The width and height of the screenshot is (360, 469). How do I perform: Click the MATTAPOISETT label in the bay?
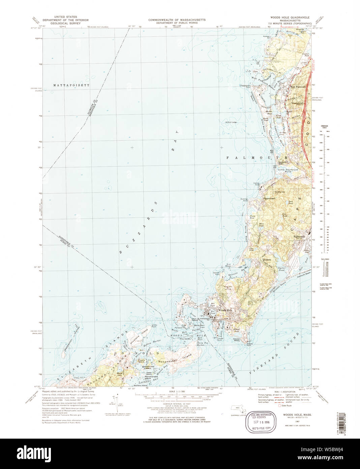click(x=71, y=85)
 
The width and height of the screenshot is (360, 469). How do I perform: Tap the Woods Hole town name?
click(x=225, y=310)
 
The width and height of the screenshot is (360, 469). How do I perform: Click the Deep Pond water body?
click(x=290, y=203)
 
